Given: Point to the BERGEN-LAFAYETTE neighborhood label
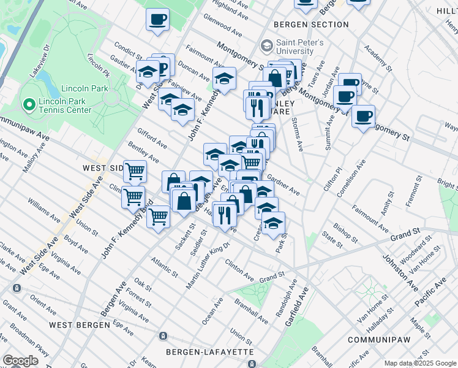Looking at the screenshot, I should (209, 351).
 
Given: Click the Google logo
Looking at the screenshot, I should (20, 361).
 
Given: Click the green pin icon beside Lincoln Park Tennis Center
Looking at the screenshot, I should (28, 105).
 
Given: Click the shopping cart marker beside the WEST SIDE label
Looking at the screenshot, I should (135, 172).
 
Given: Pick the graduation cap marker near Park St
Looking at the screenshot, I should (273, 223).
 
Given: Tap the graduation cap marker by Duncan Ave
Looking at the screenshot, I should (224, 79).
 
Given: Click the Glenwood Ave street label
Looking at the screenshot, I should (223, 26).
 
